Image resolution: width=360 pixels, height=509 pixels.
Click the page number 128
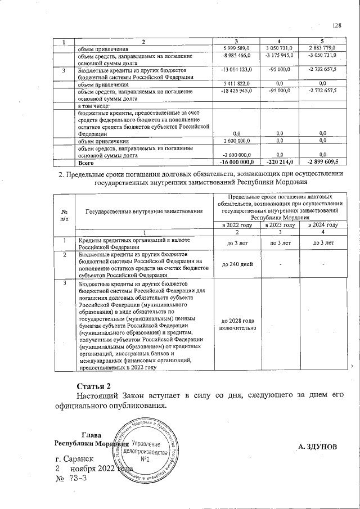coord(337,25)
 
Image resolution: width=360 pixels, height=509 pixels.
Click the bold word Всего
coord(85,162)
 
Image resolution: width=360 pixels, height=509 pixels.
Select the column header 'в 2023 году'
coord(280,225)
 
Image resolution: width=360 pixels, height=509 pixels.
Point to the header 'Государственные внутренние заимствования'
coord(144,211)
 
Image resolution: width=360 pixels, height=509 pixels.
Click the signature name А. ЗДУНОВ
coord(317,447)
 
